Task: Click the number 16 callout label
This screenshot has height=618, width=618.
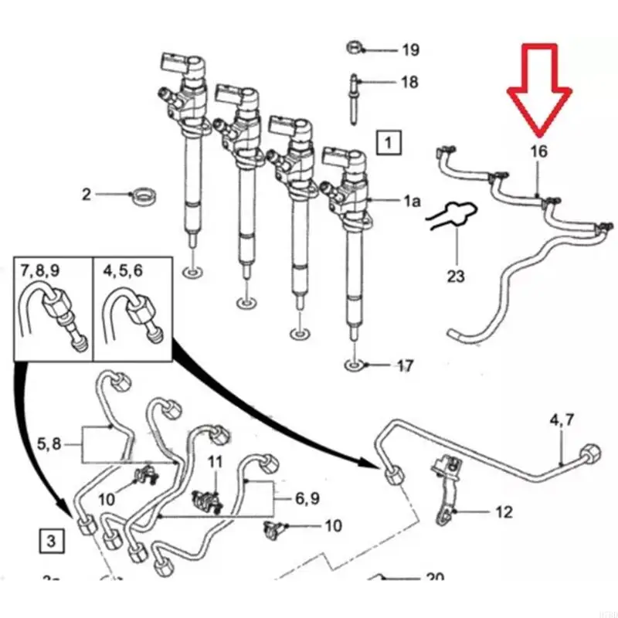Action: [538, 151]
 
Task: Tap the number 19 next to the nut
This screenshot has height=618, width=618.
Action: [410, 51]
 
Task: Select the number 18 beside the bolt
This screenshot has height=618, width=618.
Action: [409, 82]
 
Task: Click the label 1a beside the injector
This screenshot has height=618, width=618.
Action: [412, 202]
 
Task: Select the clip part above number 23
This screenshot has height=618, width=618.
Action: [453, 217]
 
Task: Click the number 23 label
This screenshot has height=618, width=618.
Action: [456, 274]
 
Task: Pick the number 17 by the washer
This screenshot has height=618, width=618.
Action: [405, 366]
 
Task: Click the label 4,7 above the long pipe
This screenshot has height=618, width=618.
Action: [562, 420]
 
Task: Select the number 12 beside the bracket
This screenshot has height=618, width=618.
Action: [503, 511]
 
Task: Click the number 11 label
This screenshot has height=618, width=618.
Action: [216, 462]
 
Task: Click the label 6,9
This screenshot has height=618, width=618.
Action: [307, 499]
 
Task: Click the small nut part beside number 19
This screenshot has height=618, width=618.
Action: [354, 48]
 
